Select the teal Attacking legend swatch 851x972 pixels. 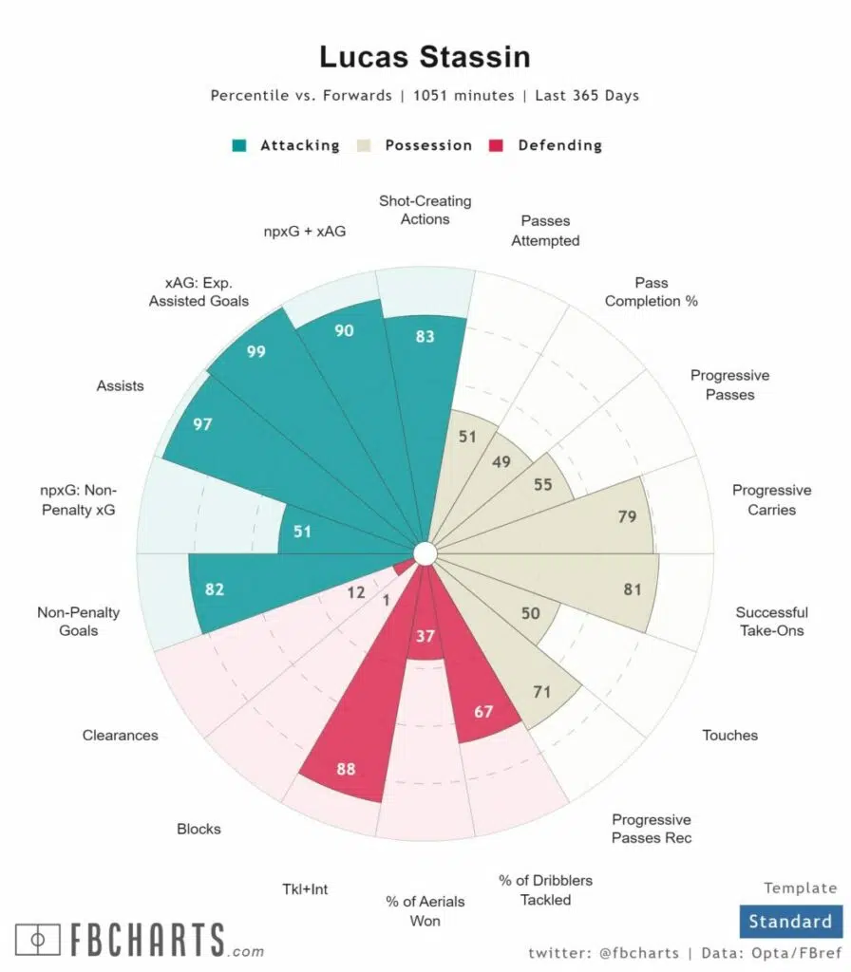pos(239,145)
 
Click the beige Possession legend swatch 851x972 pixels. pos(364,145)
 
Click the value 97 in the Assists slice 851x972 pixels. pos(202,424)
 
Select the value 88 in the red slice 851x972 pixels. pos(346,769)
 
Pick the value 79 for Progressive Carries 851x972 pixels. pos(626,517)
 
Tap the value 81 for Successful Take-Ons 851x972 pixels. pos(633,589)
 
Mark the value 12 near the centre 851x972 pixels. pos(355,592)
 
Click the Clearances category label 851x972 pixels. pos(120,735)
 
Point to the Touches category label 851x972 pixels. pos(729,735)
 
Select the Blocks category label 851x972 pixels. pos(199,829)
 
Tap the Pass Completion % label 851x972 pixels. pos(651,291)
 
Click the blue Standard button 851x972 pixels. pos(789,921)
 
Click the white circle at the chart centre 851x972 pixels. pos(425,552)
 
